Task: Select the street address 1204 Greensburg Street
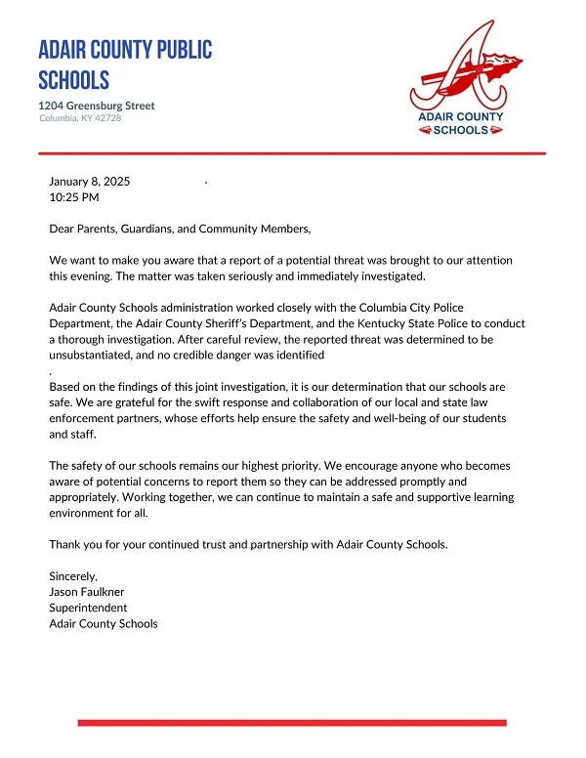tap(97, 105)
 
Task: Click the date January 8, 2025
tap(90, 182)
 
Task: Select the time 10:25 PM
tap(74, 197)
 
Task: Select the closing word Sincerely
tap(73, 576)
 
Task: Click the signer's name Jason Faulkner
tap(88, 592)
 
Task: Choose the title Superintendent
tap(88, 608)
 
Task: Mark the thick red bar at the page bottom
tap(292, 723)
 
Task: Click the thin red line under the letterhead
tap(292, 153)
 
